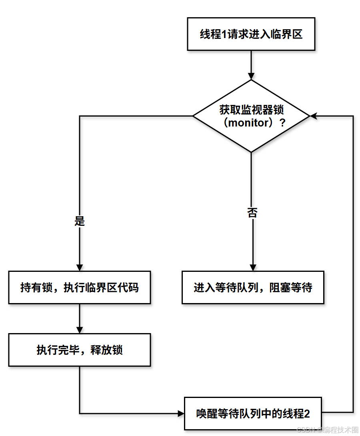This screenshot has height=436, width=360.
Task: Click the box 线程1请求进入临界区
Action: tap(251, 34)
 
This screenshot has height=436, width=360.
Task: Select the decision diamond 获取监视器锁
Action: tap(251, 116)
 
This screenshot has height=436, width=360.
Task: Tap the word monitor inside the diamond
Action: tap(250, 123)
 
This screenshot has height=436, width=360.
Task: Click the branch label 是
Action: tap(80, 221)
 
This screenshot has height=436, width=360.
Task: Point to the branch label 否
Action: tap(252, 212)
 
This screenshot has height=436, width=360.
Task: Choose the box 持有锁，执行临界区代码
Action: tap(80, 287)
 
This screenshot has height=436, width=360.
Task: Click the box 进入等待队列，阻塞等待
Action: tap(253, 287)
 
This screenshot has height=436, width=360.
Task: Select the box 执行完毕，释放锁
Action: tap(80, 350)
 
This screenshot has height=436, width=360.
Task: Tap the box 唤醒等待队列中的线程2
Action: tap(253, 414)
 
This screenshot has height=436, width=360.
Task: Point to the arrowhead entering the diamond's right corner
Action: tap(314, 116)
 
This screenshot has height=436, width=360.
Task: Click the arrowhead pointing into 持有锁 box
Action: tap(80, 267)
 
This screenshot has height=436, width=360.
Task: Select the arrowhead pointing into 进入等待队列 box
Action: tap(253, 267)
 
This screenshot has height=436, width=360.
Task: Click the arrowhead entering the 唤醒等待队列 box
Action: tap(180, 413)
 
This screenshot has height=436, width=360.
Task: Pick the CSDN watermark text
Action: tap(327, 430)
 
